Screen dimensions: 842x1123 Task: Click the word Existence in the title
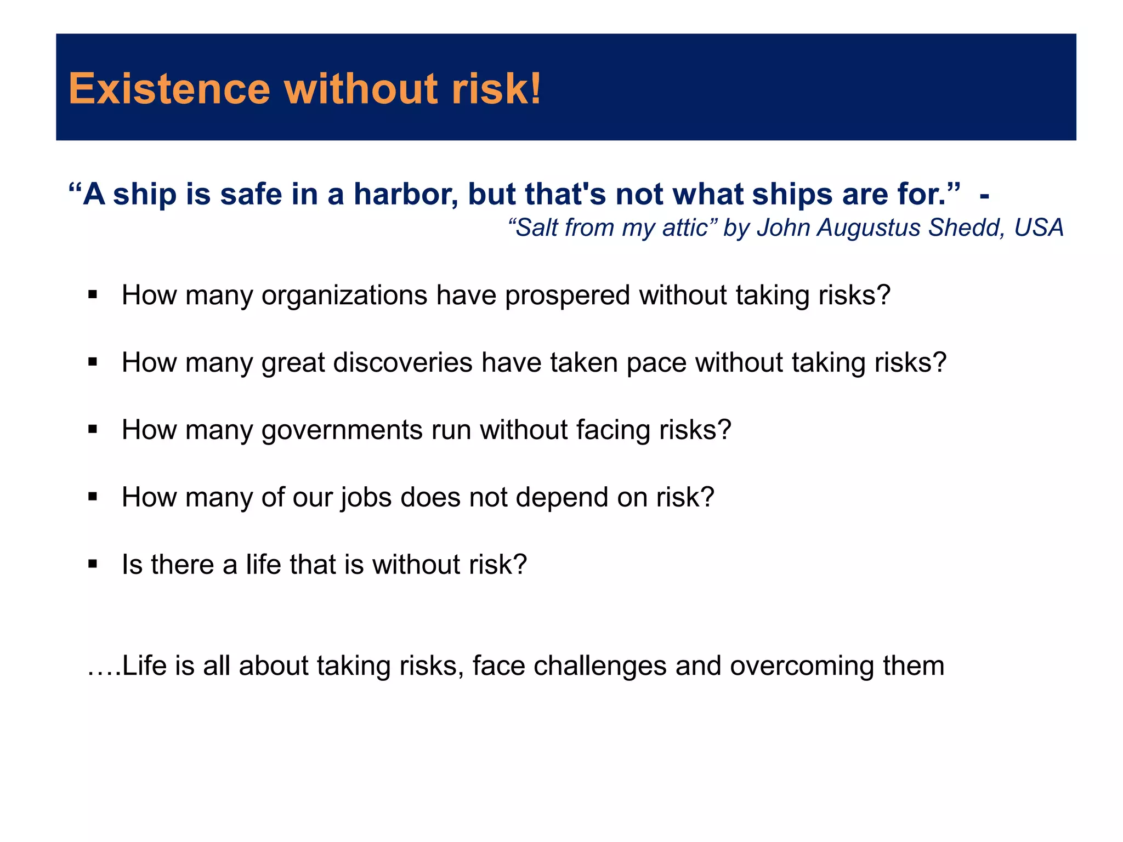169,89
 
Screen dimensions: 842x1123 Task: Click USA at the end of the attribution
1039,227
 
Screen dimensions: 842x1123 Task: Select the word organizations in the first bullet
344,295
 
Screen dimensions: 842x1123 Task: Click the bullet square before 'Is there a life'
93,564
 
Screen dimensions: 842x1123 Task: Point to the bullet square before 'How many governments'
93,429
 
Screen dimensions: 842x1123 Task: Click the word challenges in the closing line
600,666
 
